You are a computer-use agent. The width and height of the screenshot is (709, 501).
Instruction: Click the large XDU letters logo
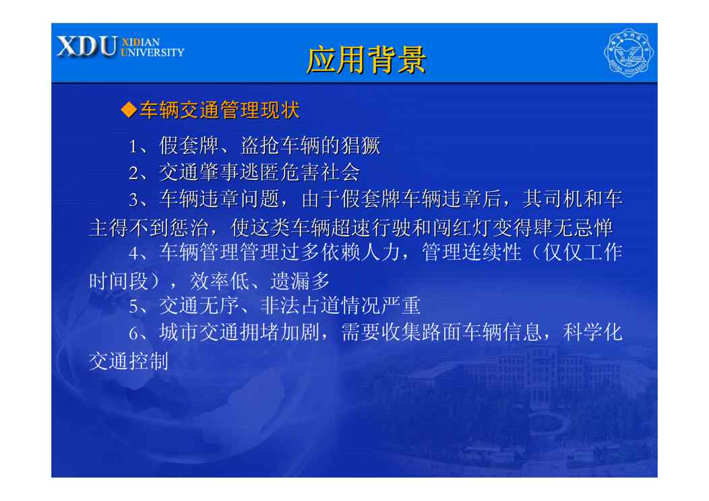click(87, 46)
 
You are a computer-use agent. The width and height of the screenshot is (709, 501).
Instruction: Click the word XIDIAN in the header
click(141, 42)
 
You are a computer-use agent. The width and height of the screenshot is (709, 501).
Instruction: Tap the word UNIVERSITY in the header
click(152, 53)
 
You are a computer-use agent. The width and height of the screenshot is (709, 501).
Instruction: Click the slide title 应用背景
click(366, 59)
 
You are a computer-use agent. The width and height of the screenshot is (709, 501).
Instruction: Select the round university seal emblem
click(629, 53)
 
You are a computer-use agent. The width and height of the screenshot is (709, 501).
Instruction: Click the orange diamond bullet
click(129, 110)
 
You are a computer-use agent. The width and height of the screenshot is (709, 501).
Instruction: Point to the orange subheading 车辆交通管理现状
click(219, 110)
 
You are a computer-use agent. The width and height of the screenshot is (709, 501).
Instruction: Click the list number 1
click(133, 146)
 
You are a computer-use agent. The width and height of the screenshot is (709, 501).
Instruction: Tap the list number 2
click(133, 173)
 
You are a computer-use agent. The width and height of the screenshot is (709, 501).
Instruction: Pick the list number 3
click(133, 200)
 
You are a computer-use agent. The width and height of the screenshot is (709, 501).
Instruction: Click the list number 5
click(133, 306)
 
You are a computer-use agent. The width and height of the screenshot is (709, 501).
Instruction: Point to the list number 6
click(133, 333)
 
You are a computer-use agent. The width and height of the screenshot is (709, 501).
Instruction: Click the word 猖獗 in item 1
click(361, 146)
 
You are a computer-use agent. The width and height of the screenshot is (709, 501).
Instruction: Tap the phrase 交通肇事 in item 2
click(199, 172)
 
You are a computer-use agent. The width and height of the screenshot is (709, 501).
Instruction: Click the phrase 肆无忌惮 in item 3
click(563, 228)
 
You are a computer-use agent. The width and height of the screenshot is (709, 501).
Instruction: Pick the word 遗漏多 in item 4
click(300, 281)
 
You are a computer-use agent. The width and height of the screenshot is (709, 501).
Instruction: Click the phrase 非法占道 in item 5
click(301, 306)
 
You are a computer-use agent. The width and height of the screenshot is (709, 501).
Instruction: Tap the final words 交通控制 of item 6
click(129, 361)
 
